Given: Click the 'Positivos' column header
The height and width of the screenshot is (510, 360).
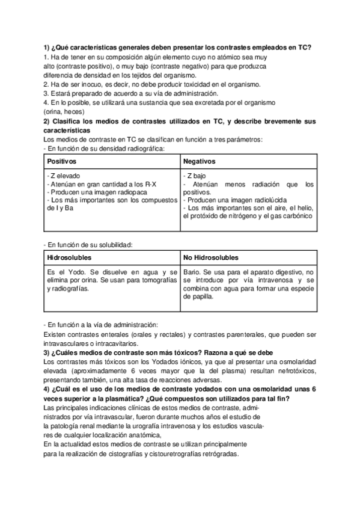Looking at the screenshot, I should tap(62, 161).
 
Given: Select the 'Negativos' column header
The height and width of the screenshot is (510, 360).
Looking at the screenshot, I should tap(200, 161).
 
